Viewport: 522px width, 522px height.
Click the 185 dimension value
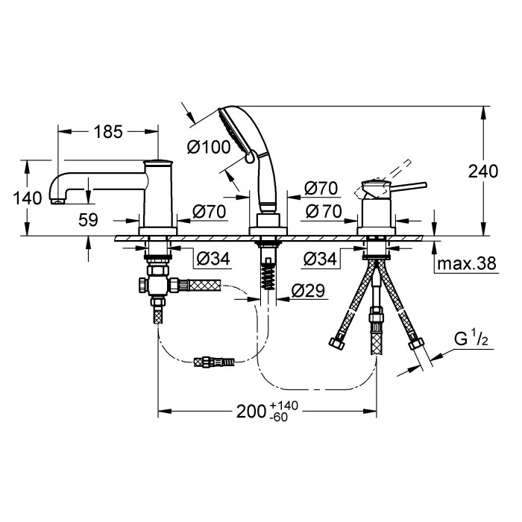108,132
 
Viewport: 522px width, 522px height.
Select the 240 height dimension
483,172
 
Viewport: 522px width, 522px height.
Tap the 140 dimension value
28,198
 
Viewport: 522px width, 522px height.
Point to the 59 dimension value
88,220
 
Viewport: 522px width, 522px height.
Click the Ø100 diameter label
209,147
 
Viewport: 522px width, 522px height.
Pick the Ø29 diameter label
308,291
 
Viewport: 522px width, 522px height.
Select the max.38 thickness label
467,263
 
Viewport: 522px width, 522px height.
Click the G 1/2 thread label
471,339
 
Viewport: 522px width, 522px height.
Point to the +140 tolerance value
284,406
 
